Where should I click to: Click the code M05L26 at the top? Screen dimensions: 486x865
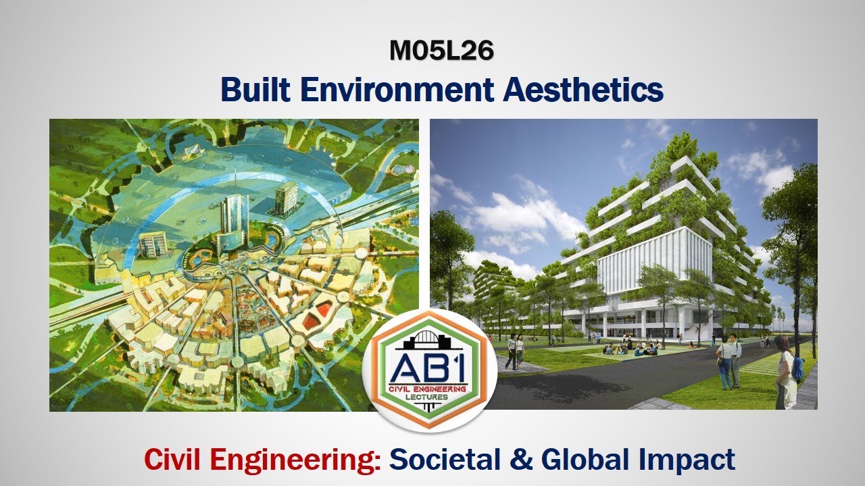441,51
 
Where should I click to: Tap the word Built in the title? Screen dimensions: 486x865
256,90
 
